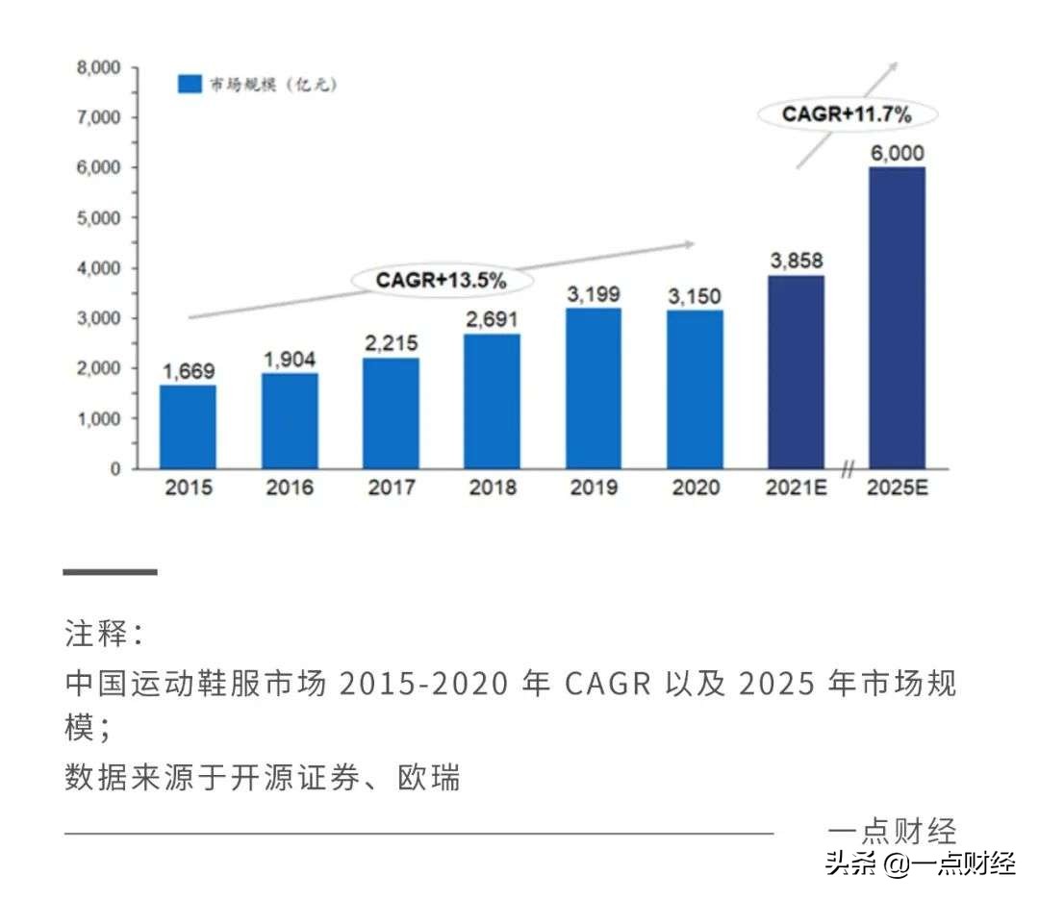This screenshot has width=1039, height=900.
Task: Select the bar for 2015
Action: [x=188, y=427]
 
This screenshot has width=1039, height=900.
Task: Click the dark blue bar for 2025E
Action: [x=897, y=318]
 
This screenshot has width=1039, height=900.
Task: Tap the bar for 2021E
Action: [x=796, y=372]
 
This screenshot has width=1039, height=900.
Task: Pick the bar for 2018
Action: [x=493, y=401]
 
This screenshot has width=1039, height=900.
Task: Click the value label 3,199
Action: [x=594, y=293]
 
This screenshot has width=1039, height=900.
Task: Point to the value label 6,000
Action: [x=897, y=153]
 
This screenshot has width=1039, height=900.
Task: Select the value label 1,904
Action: [x=290, y=359]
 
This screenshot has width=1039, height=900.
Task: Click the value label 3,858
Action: [x=796, y=261]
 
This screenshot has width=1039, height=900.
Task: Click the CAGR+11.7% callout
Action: [x=847, y=114]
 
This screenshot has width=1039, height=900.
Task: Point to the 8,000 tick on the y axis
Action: [x=98, y=67]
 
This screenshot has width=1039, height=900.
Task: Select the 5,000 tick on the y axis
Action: [x=98, y=218]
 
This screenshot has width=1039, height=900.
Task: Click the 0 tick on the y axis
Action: [x=115, y=469]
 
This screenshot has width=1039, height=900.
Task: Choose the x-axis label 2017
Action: [x=391, y=488]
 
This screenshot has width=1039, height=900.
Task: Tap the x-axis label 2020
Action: [x=696, y=488]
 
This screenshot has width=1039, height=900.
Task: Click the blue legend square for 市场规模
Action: [x=190, y=85]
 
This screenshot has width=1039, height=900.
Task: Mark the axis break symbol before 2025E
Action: [x=848, y=469]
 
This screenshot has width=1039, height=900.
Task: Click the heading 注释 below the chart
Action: [x=104, y=635]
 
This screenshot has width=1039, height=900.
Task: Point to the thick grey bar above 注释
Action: [x=110, y=572]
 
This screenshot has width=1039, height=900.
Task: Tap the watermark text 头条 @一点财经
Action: [x=920, y=864]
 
